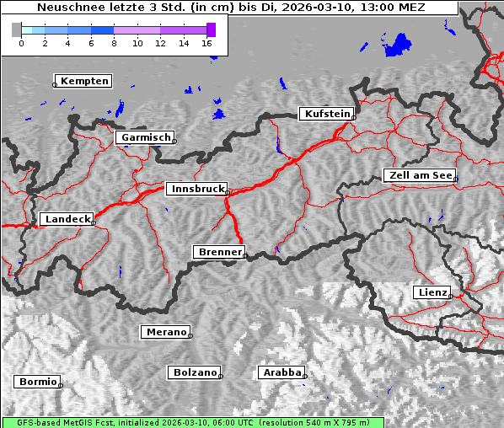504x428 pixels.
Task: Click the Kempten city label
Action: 83,81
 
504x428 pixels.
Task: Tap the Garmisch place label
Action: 145,137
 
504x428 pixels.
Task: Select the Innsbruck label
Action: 196,190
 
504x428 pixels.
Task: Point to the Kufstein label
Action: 327,114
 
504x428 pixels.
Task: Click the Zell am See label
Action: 419,175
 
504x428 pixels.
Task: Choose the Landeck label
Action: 67,219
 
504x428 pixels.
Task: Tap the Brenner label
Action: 219,252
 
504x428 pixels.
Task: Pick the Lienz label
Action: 432,292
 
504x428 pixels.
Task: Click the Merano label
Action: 165,332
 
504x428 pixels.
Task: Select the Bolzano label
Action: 195,372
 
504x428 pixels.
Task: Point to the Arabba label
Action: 281,372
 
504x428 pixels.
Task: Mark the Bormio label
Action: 37,382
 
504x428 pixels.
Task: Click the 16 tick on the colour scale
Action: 207,42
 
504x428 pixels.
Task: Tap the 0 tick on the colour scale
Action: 21,42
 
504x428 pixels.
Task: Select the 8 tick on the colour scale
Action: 114,42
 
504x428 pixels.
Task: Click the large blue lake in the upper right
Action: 398,45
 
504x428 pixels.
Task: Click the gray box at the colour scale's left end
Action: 17,29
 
